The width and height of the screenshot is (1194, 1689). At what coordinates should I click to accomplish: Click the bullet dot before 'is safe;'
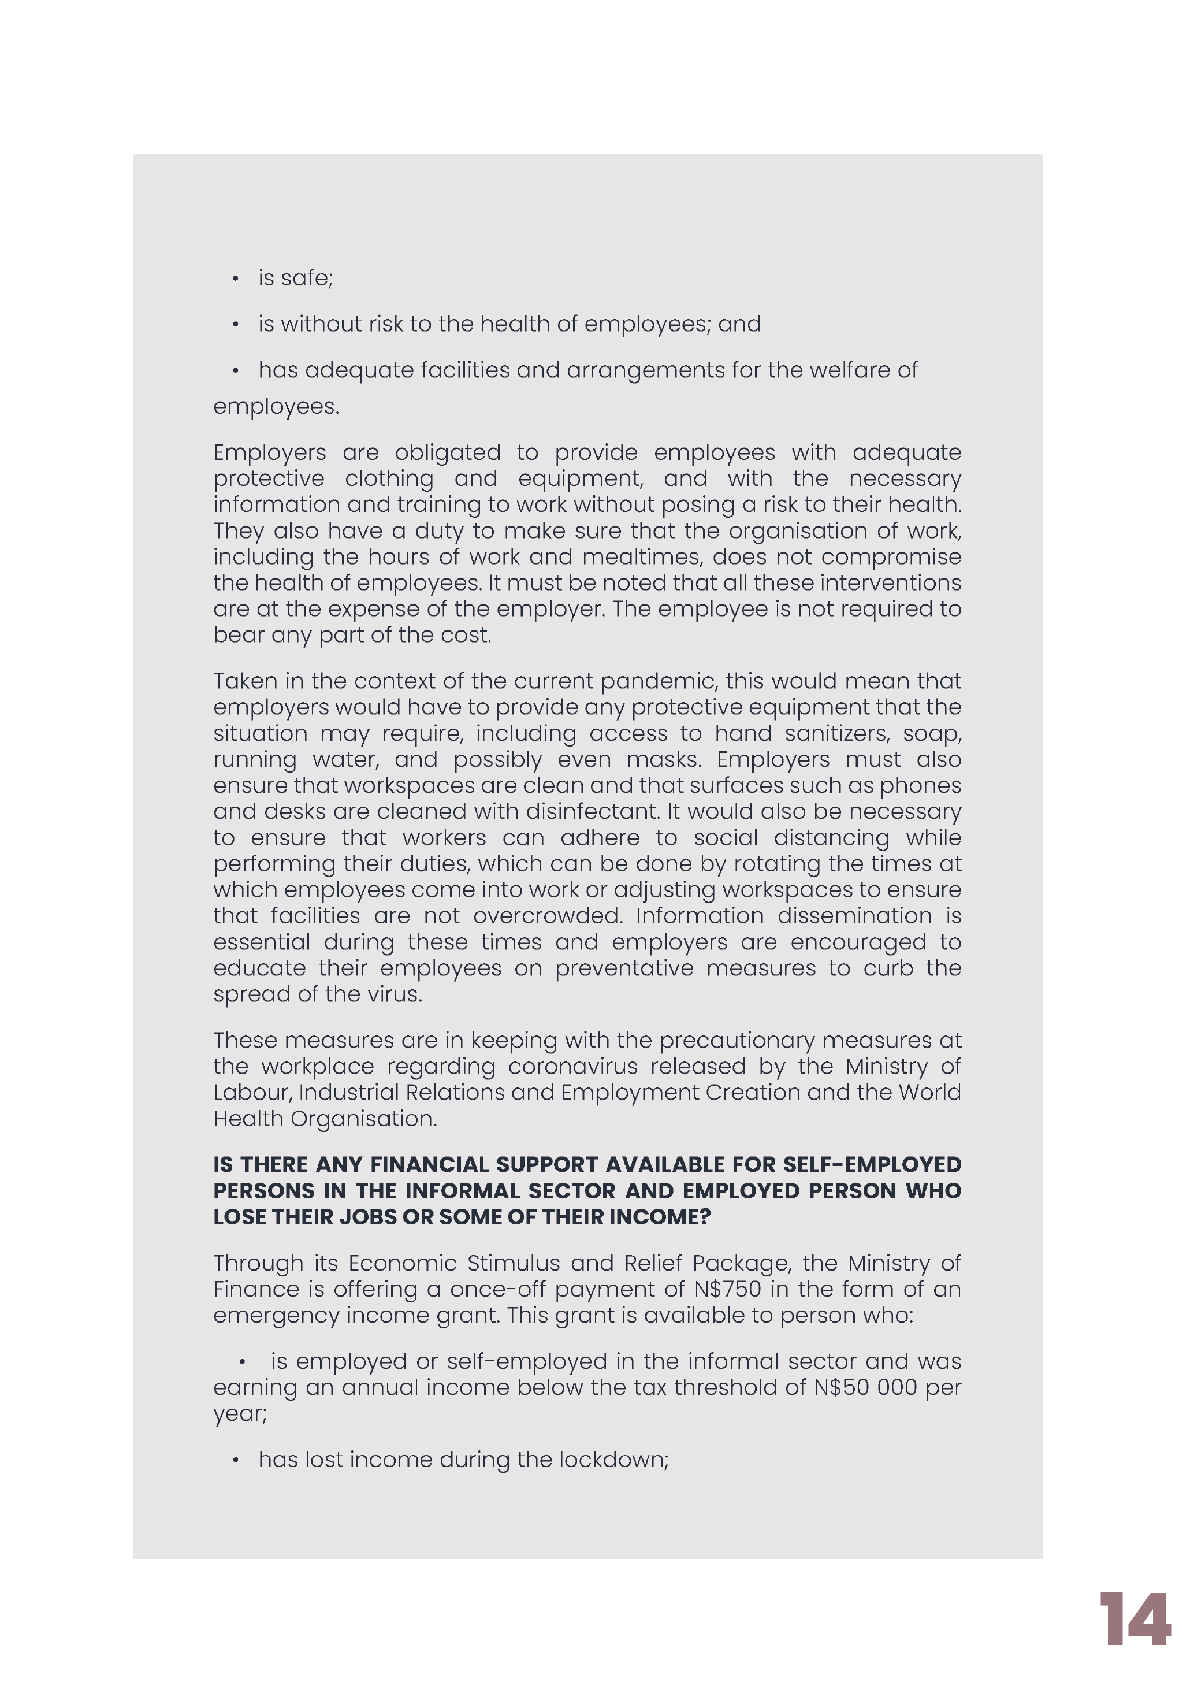235,279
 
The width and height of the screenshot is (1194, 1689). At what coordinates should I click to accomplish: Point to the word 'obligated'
447,452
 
